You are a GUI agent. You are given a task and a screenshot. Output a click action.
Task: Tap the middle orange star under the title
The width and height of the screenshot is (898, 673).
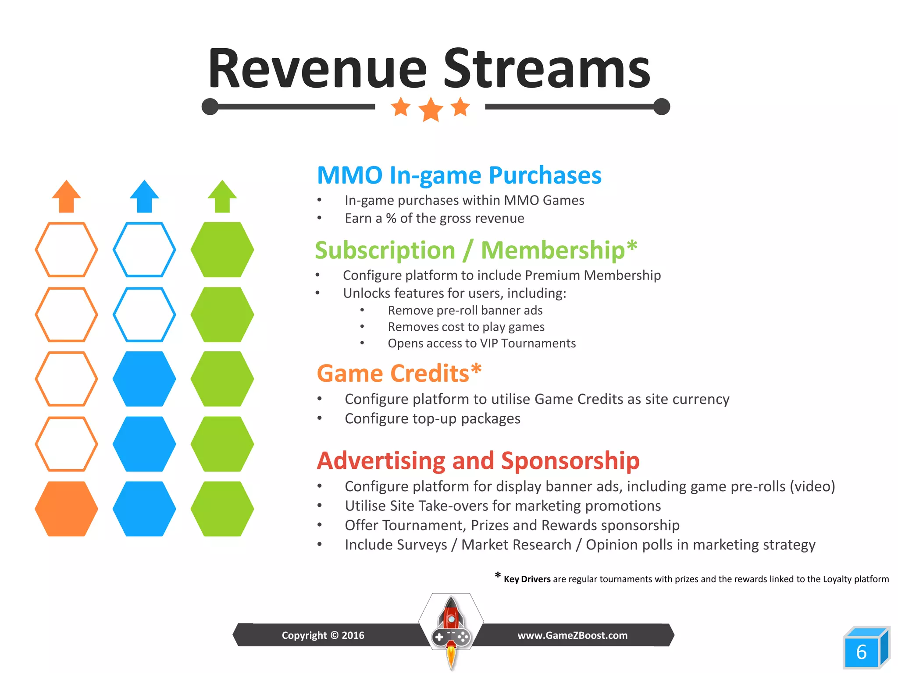[x=431, y=109]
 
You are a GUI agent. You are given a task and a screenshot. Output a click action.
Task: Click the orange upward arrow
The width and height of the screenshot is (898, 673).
[x=66, y=196]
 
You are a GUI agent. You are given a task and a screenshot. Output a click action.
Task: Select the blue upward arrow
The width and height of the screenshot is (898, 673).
[x=144, y=196]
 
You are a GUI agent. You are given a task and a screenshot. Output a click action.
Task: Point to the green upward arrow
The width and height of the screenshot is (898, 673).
[x=222, y=196]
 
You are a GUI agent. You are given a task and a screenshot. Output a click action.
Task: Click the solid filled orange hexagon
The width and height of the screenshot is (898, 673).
[x=66, y=509]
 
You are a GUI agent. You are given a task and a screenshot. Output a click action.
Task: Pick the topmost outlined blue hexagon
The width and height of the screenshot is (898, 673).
[x=144, y=250]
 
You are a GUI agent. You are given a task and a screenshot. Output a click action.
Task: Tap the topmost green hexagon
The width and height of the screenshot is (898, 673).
[x=222, y=250]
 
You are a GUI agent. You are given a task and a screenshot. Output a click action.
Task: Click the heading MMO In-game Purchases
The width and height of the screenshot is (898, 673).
[x=459, y=175]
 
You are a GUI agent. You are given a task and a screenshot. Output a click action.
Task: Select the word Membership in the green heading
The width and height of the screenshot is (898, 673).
[x=552, y=250]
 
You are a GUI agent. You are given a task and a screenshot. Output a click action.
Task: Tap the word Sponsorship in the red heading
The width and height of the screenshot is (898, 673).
[x=570, y=461]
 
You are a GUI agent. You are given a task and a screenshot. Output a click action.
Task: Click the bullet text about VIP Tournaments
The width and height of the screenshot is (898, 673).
[x=481, y=344]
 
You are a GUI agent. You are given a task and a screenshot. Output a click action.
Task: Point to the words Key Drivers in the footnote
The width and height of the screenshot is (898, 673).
[x=527, y=579]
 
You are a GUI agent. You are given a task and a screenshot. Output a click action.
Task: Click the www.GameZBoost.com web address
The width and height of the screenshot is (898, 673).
[x=572, y=635]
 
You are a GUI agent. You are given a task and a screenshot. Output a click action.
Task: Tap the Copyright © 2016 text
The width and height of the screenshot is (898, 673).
[x=323, y=635]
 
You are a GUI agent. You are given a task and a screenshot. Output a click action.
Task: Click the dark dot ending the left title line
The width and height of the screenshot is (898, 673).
[x=210, y=106]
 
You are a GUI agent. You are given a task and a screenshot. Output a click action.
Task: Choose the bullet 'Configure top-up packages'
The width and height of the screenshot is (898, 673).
[x=432, y=419]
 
